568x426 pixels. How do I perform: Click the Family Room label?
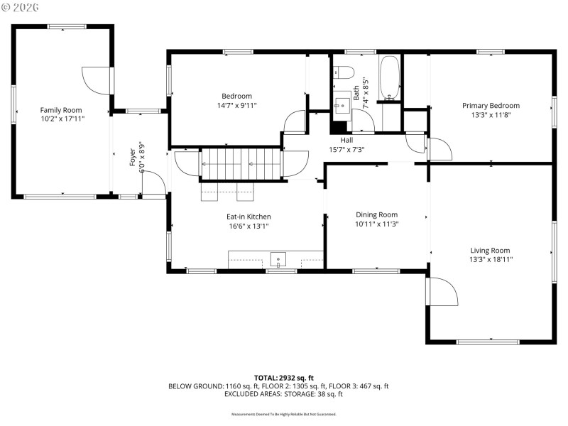pos(60,110)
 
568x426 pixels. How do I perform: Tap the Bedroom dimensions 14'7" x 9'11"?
pos(236,105)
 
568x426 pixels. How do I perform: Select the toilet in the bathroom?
pos(343,72)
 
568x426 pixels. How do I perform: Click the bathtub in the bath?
pos(390,79)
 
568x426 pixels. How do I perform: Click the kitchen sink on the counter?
pos(278,259)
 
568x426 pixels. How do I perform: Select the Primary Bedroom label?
pos(491,105)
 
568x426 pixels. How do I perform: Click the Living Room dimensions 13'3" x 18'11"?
pos(491,260)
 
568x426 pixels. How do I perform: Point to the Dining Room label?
pos(376,214)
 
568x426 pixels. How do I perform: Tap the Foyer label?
pos(132,157)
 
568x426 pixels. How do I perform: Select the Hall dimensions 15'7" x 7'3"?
pos(346,150)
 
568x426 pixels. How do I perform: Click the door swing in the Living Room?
pos(440,291)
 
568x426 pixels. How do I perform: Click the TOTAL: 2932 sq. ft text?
pos(284,377)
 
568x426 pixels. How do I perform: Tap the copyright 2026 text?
pos(21,6)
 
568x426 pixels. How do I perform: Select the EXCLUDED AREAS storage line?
pos(284,394)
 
